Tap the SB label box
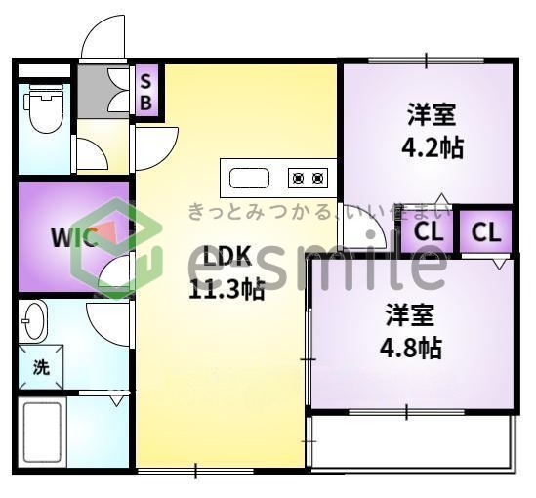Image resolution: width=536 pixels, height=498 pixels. pos(144,90)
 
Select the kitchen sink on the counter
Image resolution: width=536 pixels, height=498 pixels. pos(250,178)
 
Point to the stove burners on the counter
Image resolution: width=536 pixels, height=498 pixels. pos(307,178)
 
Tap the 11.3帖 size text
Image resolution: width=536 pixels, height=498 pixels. pos(226,289)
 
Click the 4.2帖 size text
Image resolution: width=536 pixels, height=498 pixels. pos(432,148)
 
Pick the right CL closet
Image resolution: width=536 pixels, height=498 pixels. pos(486,232)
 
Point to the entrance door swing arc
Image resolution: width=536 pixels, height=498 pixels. pos(101,39)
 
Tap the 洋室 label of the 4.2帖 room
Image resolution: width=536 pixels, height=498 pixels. pos(432,115)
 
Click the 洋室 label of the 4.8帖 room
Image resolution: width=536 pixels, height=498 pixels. pos(409,315)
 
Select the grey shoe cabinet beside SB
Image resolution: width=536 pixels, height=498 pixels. pos(103,91)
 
